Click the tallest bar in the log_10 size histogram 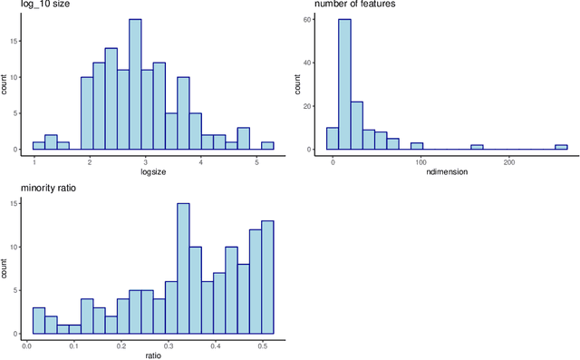click(x=135, y=84)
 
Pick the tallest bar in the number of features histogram click(x=344, y=84)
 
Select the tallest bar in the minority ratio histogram click(x=183, y=268)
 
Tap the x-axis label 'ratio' click(x=153, y=355)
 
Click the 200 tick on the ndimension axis click(x=510, y=161)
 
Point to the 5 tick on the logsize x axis click(x=256, y=161)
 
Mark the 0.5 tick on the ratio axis click(x=263, y=345)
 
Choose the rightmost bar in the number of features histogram click(x=561, y=147)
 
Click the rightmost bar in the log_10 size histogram click(x=267, y=145)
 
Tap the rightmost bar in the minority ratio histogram click(x=267, y=277)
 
